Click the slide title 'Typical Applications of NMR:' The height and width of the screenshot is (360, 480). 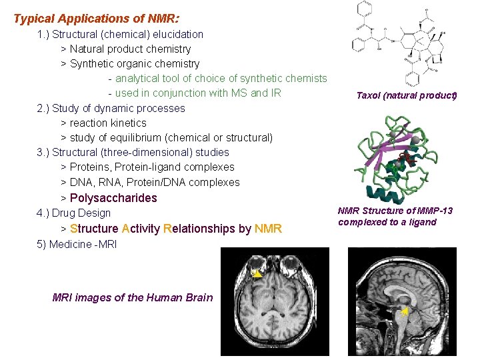pos(97,19)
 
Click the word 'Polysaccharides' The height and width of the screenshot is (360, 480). pos(113,198)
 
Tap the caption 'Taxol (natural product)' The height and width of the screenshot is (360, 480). pos(406,95)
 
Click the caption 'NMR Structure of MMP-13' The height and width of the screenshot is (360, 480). pos(395,211)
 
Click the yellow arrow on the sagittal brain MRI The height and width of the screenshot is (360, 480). pos(405,311)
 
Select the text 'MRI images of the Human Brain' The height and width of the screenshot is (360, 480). pos(133,297)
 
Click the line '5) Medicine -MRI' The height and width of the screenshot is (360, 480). pos(77,244)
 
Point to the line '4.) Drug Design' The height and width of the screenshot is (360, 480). pos(73,213)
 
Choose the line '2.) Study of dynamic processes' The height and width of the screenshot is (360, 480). pos(111,108)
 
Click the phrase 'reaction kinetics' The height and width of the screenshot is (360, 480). pos(108,123)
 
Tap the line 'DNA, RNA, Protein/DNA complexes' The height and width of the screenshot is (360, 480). pos(155,182)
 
